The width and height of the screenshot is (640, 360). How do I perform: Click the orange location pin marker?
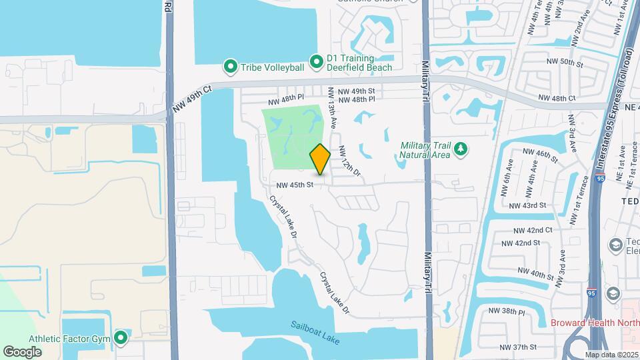tap(320, 159)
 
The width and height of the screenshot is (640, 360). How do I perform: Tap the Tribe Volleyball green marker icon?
tap(231, 67)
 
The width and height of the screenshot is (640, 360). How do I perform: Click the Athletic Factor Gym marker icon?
tap(121, 338)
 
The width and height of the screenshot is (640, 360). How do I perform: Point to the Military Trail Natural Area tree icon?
tap(459, 151)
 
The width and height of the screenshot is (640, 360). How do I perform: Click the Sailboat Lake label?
tap(315, 333)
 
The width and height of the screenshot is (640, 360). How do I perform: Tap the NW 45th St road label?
tap(291, 185)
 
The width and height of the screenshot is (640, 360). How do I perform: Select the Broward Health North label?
tap(595, 323)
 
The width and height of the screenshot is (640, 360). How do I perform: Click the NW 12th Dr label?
tap(349, 161)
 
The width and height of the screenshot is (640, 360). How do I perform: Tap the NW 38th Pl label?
tap(507, 311)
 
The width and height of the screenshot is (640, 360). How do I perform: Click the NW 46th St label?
tap(541, 155)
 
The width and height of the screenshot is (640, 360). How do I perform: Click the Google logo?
tap(23, 351)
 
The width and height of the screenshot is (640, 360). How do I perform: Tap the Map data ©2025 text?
tap(611, 355)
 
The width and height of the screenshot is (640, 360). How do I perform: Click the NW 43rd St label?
tap(527, 205)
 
